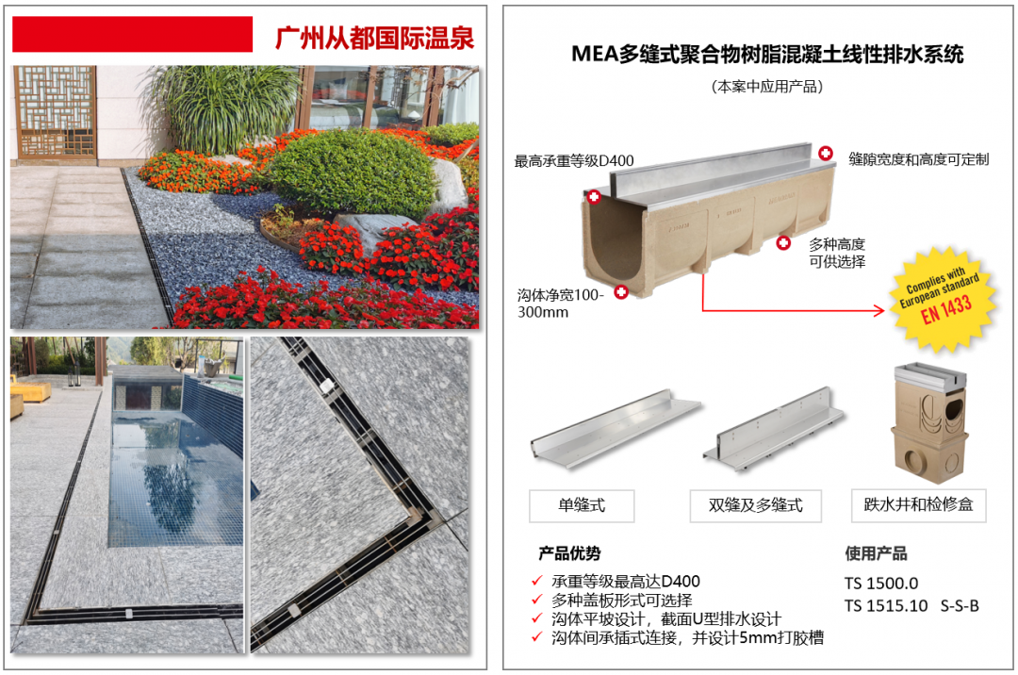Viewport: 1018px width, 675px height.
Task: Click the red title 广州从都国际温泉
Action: point(374,38)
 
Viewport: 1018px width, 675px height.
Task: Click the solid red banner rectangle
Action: point(133,34)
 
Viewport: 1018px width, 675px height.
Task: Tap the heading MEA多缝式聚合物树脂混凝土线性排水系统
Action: point(766,54)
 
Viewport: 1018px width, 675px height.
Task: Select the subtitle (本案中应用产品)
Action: point(766,87)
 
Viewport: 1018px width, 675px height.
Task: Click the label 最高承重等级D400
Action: point(574,161)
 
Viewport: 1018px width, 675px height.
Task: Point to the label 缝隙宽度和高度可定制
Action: point(919,159)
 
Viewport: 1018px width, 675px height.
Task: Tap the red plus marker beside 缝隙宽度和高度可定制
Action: point(825,153)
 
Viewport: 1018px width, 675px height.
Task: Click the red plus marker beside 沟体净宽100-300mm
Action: point(621,292)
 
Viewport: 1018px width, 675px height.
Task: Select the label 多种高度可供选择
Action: point(837,253)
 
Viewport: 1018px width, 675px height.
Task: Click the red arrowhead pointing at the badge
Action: point(879,311)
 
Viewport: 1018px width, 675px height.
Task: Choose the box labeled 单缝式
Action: point(582,505)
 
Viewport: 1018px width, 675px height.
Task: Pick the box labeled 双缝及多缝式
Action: point(755,505)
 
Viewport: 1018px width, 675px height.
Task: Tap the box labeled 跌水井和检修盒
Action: point(919,505)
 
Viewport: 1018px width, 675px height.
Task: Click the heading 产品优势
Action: point(569,553)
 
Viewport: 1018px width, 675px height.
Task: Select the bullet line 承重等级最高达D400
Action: point(626,581)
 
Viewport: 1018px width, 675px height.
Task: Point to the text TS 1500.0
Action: point(881,583)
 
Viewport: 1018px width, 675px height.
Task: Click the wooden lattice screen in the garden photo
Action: point(56,112)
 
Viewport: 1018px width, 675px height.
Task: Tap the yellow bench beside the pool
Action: point(29,391)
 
